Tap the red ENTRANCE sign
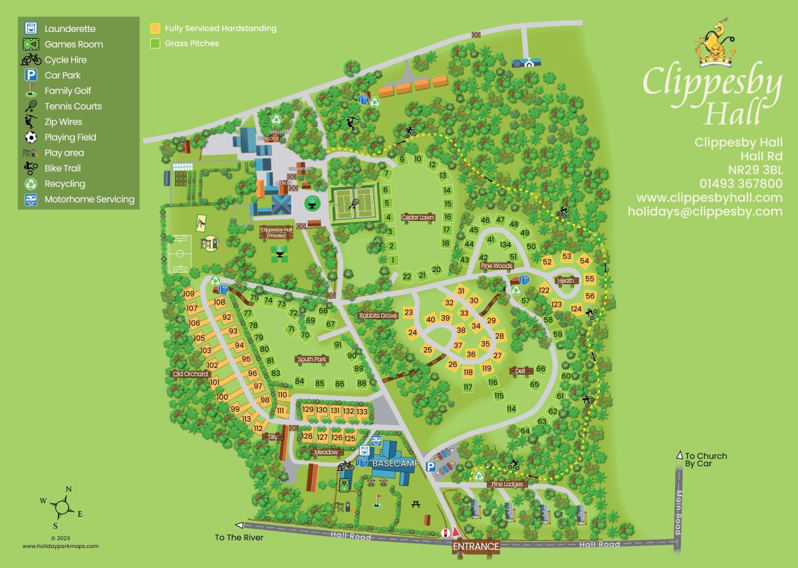pos(476,546)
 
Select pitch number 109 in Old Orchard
pos(188,294)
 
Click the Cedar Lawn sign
pos(417,217)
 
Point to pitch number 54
pos(585,260)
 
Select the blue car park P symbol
pos(431,468)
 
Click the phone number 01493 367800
pos(741,183)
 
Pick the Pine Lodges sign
pos(507,485)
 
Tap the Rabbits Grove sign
pos(378,315)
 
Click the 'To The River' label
pos(239,537)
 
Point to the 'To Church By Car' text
pos(706,460)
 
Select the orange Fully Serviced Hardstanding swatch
pos(155,29)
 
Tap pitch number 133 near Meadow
pos(362,411)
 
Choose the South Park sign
pos(312,359)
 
